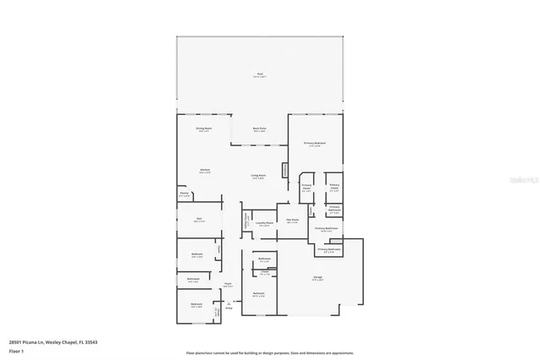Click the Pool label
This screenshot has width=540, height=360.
coord(260,74)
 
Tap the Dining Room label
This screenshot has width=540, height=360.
coord(203,128)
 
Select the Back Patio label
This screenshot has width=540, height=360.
coord(260,128)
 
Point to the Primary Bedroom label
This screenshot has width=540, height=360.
coord(315,144)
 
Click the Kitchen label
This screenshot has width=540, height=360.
coord(205,171)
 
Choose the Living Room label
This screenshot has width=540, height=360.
coord(260,176)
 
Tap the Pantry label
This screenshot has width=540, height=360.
coord(184,194)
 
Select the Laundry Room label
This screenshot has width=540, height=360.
coord(263,223)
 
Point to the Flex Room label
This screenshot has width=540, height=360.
coord(293,220)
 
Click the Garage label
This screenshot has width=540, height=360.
coord(317,278)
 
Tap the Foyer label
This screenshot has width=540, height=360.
coord(228,284)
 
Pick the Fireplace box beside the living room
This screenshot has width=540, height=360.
coord(285,170)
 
